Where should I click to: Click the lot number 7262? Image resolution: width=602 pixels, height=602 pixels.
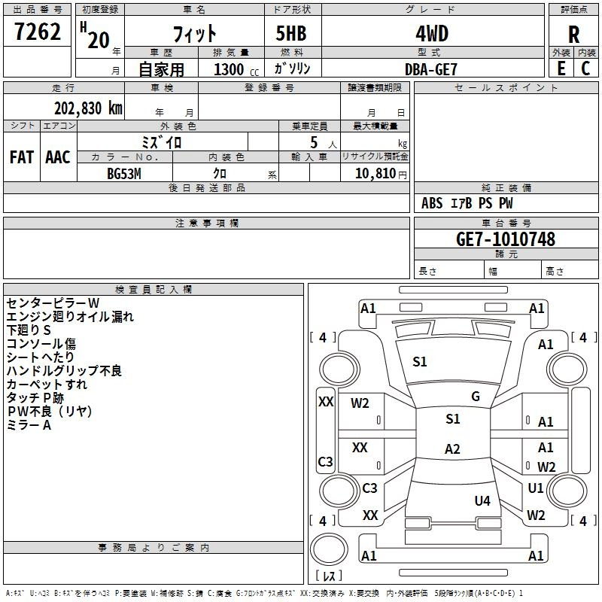[38, 32]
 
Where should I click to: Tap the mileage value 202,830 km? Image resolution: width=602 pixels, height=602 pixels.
[88, 108]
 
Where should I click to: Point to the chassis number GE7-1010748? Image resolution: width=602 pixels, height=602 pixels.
[506, 239]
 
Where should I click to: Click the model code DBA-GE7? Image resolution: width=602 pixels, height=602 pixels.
[431, 68]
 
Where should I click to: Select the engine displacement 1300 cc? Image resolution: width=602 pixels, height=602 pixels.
[229, 69]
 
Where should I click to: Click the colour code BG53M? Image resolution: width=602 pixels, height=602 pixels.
[124, 174]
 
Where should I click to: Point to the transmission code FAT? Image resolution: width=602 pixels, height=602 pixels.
[21, 157]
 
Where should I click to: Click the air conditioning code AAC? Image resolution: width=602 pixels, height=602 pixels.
[57, 157]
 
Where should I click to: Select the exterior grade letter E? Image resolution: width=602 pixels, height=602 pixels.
[561, 68]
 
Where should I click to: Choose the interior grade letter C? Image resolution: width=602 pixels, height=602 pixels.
[585, 68]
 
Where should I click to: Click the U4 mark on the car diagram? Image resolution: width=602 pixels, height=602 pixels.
[482, 500]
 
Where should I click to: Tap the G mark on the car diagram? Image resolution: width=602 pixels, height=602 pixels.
[475, 397]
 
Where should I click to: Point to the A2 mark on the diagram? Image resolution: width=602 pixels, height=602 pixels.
[452, 449]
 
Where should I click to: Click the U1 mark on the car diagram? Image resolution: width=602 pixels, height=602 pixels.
[536, 488]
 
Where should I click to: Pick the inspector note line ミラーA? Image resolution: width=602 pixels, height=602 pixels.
[29, 425]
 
